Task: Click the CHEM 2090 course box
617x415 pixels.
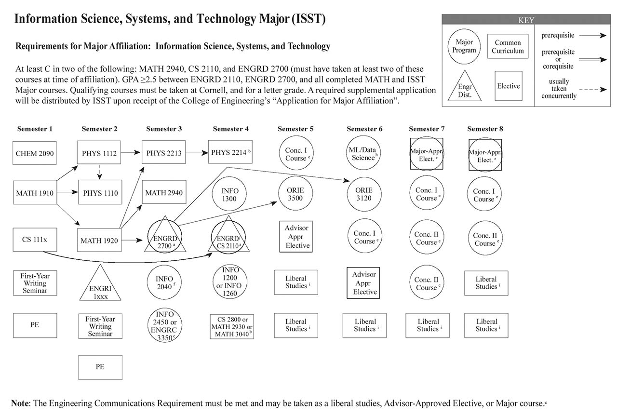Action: tap(35, 154)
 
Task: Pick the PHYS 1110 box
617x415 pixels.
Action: tap(100, 193)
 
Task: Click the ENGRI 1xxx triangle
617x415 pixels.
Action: tap(100, 287)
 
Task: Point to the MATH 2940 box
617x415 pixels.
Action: tap(164, 193)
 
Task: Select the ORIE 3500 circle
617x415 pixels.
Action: tap(295, 194)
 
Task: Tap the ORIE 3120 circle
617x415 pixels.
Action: tap(364, 194)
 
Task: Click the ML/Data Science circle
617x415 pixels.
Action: tap(364, 153)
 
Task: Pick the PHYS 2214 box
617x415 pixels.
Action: tap(230, 152)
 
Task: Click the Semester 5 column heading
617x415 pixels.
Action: tap(295, 129)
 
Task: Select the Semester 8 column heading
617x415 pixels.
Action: tap(485, 129)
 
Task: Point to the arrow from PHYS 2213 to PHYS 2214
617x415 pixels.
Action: tap(198, 152)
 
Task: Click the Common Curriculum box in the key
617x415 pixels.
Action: tap(508, 46)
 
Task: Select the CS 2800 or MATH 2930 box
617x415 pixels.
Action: tap(232, 327)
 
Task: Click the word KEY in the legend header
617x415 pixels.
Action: tap(526, 20)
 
